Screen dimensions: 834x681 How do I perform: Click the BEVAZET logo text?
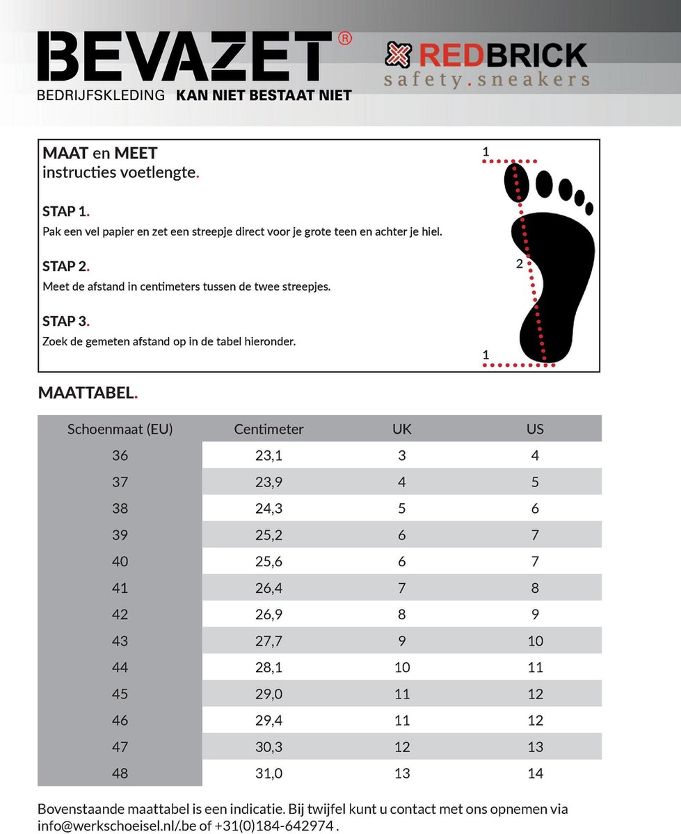[184, 56]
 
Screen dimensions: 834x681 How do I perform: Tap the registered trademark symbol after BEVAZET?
[344, 39]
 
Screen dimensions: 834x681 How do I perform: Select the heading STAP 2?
[66, 266]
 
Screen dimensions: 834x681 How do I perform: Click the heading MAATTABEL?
[88, 393]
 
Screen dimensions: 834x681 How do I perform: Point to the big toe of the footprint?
[517, 182]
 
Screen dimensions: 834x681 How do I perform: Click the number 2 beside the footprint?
[519, 263]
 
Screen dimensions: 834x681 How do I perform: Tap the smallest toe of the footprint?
[589, 208]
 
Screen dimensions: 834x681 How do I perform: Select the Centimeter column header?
[269, 429]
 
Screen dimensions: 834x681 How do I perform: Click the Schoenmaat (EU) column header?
[120, 429]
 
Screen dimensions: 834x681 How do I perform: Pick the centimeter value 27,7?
[269, 641]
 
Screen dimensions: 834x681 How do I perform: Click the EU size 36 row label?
[120, 456]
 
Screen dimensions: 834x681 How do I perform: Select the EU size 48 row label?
[120, 773]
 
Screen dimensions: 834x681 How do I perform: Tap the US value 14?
[535, 773]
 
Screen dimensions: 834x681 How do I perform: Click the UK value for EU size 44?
[402, 667]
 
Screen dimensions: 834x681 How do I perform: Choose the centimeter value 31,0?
[269, 773]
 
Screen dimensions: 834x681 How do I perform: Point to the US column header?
[535, 429]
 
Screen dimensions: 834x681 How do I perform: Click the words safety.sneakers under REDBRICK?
[486, 79]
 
